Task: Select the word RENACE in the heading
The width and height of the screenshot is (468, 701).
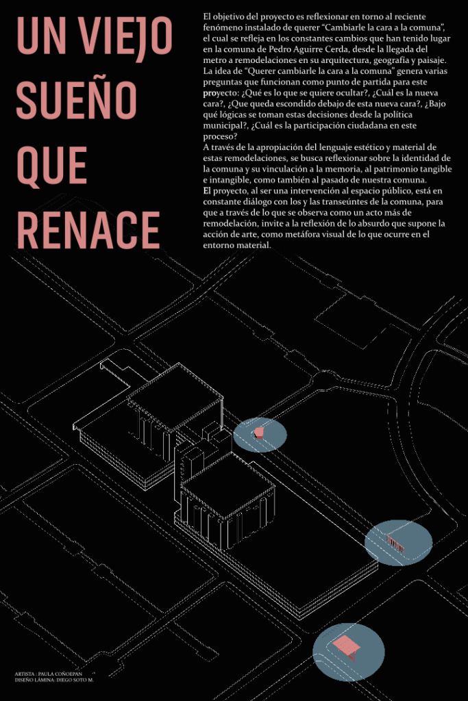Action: [x=88, y=230]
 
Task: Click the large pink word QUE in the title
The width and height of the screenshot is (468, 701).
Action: [x=51, y=166]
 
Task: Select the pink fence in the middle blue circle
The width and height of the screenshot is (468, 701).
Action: [x=397, y=542]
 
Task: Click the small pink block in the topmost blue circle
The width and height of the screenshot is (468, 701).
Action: [x=259, y=432]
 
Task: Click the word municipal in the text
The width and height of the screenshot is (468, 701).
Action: [x=224, y=126]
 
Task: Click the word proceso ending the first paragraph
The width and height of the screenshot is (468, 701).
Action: [x=220, y=136]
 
